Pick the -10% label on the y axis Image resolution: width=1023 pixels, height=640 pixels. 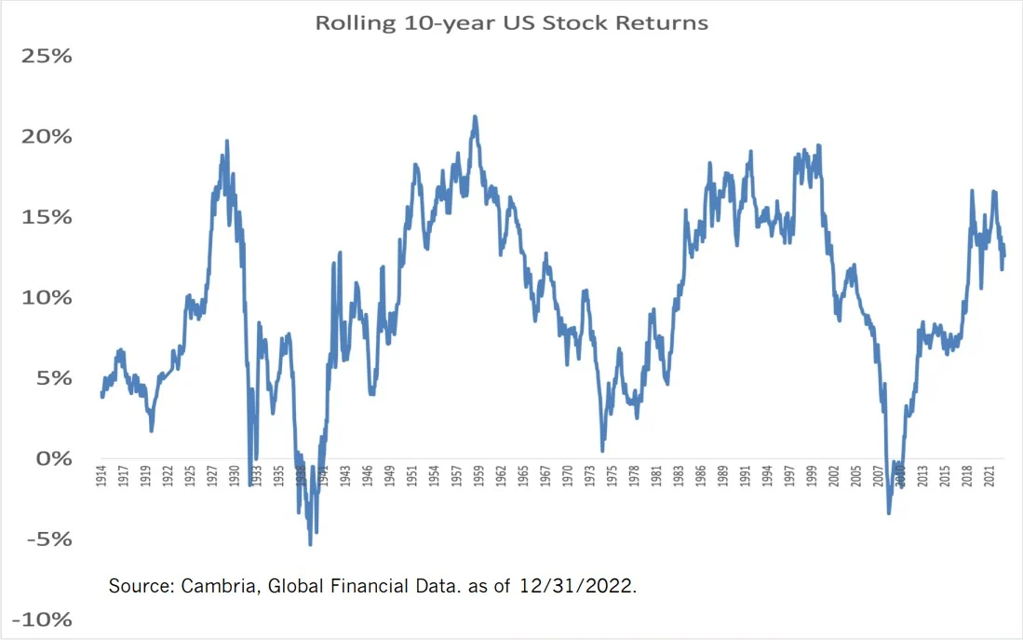42,620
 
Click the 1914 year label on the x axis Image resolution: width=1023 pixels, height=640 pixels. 101,476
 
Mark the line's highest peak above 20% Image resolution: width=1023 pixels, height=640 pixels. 475,116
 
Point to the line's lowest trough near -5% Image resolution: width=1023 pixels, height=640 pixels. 310,544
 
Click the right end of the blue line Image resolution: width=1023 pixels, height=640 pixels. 1004,255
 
